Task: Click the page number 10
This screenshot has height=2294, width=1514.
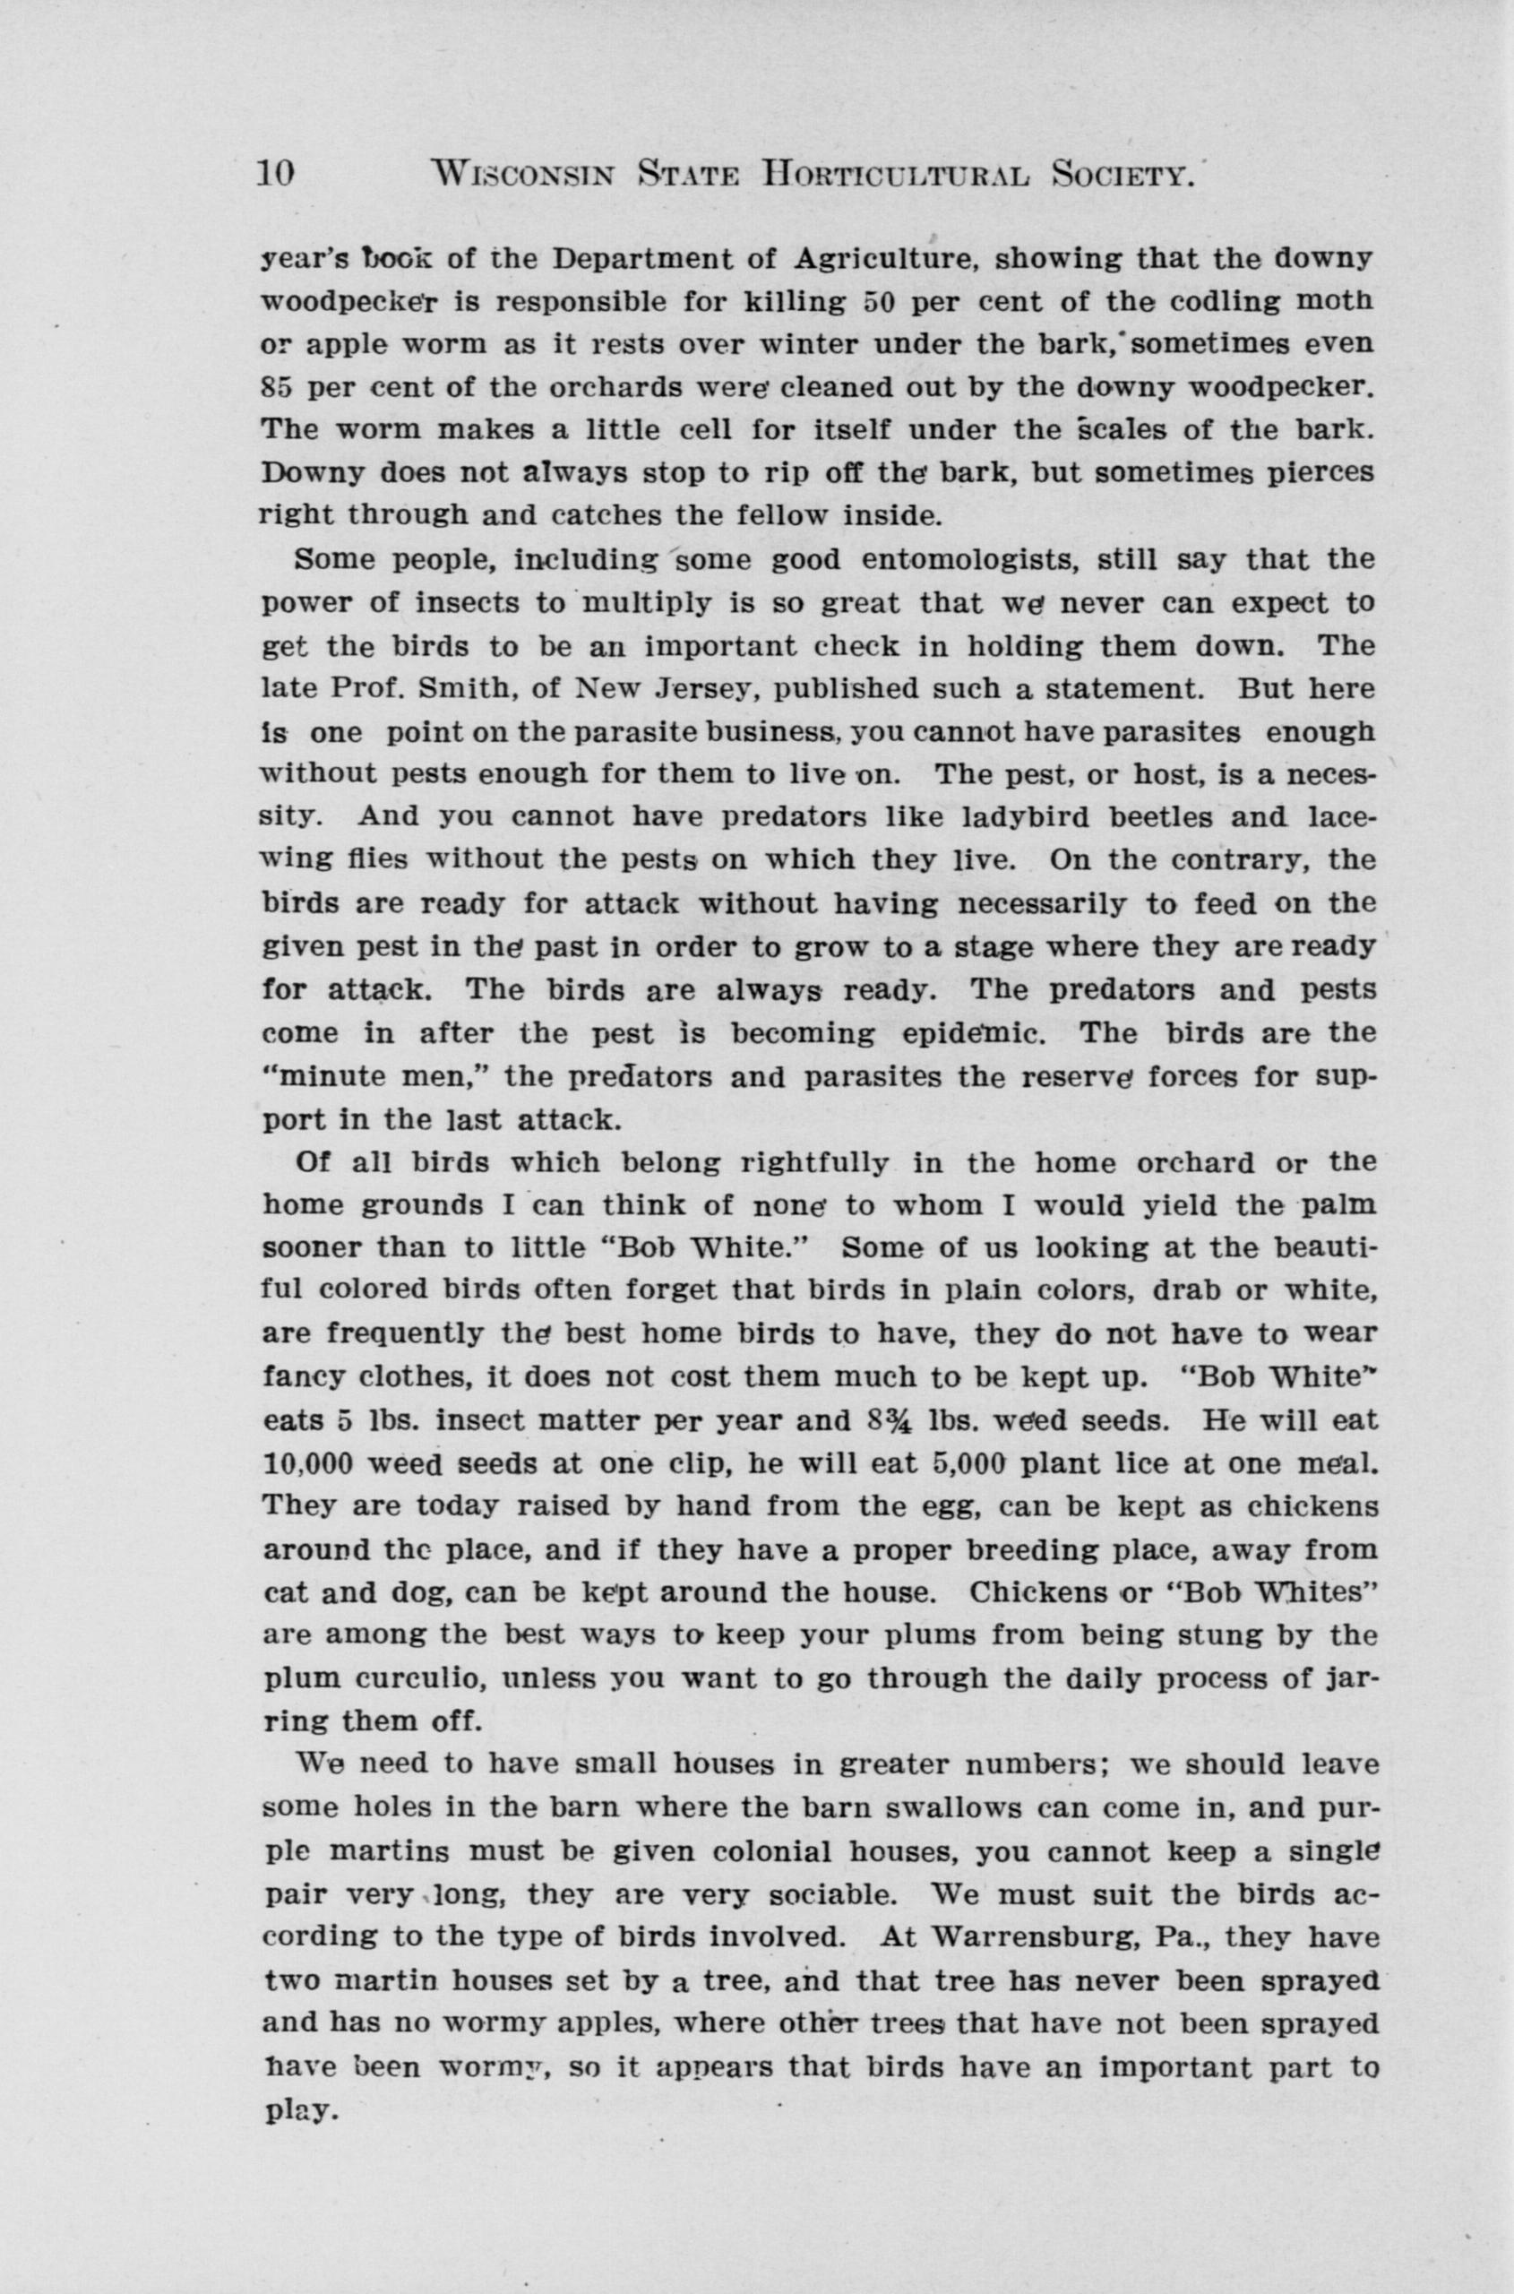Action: tap(274, 173)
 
